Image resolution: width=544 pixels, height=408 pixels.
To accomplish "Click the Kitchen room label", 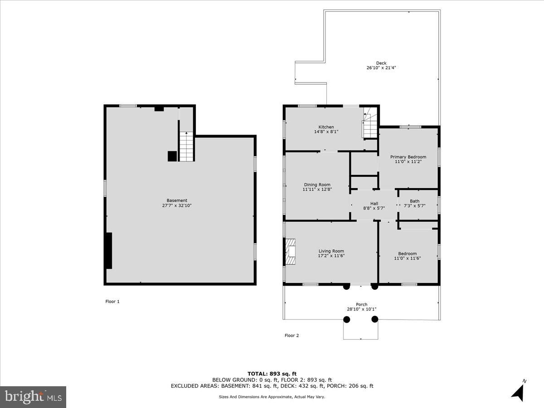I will [326, 127].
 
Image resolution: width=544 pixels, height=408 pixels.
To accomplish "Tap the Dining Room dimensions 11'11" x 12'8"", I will [317, 189].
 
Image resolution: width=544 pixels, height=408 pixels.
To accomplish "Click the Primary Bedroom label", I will [408, 157].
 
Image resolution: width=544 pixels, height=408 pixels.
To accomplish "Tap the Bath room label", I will [414, 201].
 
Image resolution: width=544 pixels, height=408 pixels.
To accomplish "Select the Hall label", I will [374, 204].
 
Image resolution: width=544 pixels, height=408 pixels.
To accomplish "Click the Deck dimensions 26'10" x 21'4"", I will [381, 68].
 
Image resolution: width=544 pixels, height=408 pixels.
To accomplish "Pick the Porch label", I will [361, 304].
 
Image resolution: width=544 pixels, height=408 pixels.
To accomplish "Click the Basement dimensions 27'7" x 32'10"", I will [177, 205].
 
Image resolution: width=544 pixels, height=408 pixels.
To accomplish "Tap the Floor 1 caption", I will [112, 301].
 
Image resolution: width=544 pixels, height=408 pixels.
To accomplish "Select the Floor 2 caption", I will [291, 336].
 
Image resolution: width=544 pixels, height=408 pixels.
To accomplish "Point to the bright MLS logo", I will [33, 397].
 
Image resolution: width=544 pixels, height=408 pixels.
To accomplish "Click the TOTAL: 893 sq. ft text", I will [272, 374].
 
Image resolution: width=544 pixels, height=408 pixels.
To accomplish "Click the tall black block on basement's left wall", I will [109, 251].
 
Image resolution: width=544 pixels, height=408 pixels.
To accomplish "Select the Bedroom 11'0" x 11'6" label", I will [407, 256].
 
